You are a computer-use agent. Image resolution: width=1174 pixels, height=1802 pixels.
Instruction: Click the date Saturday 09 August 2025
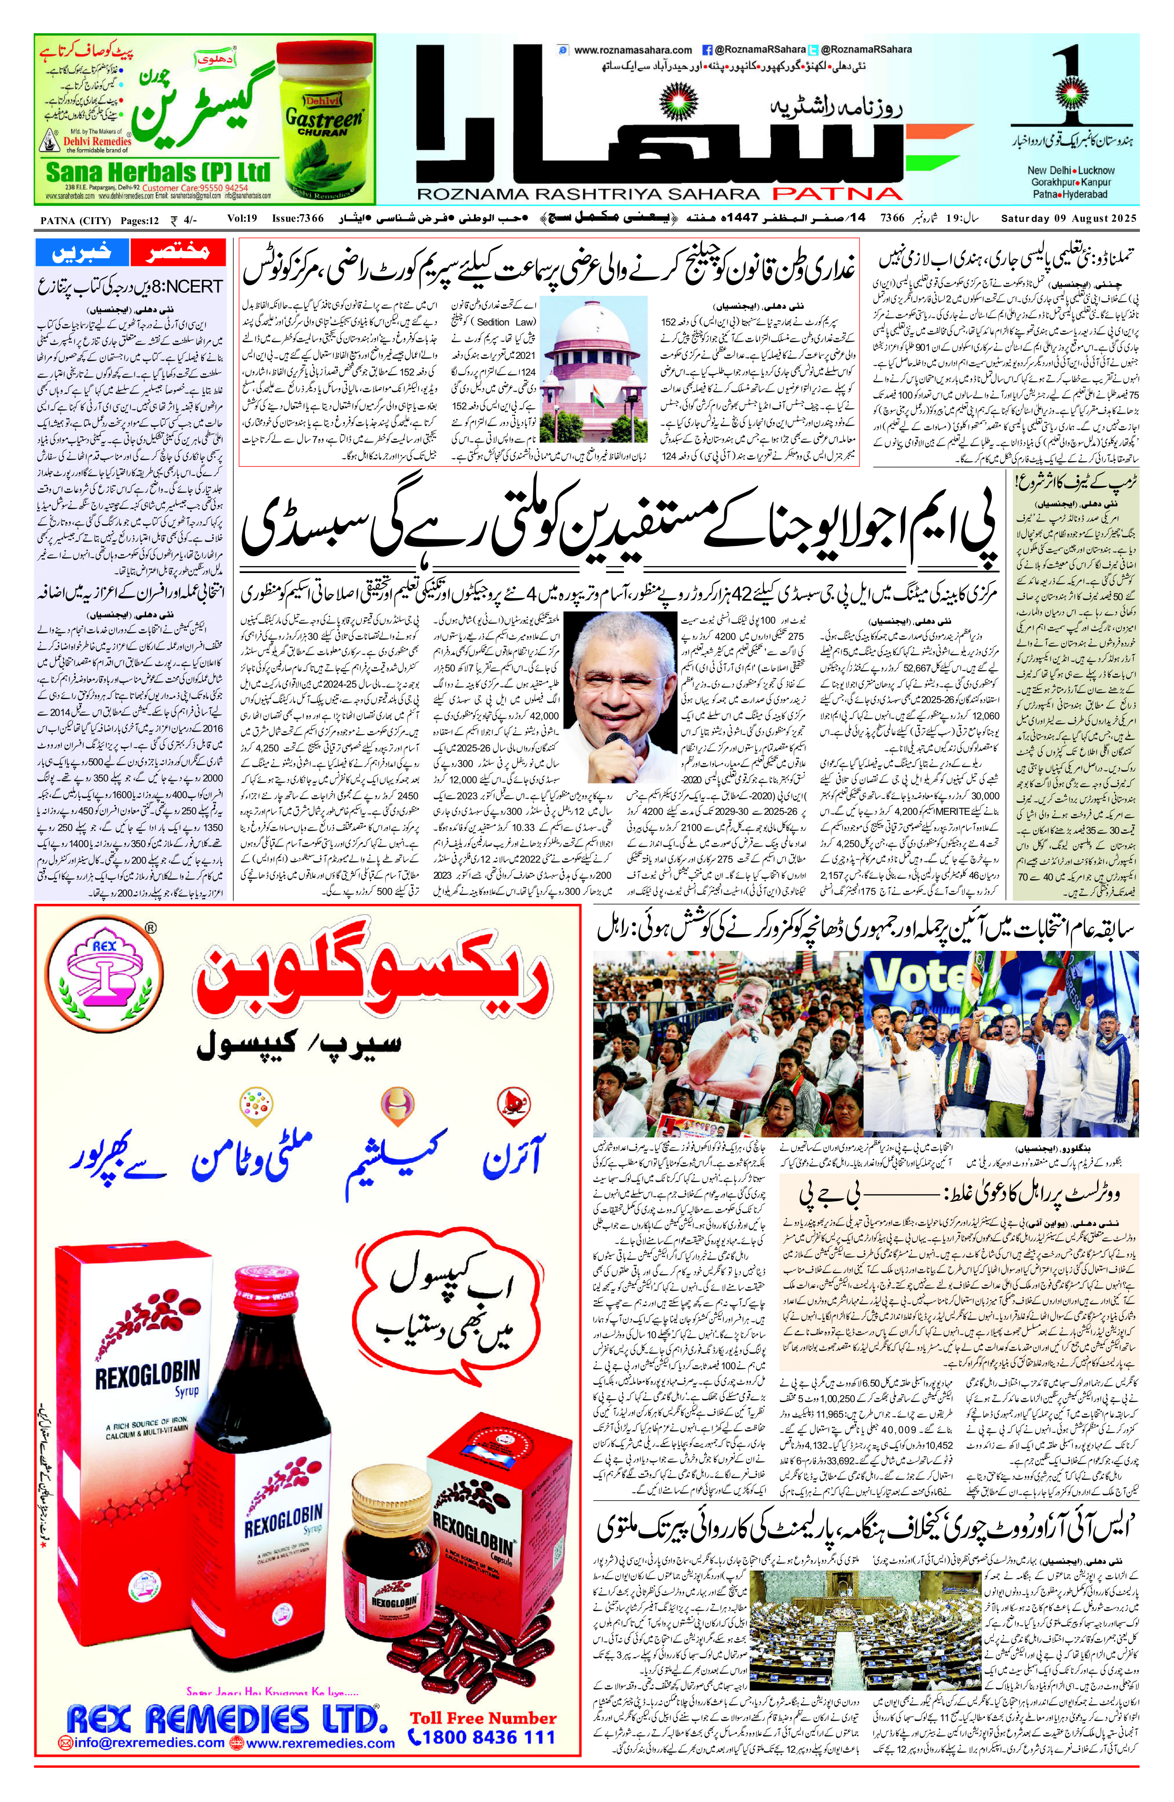point(1068,219)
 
